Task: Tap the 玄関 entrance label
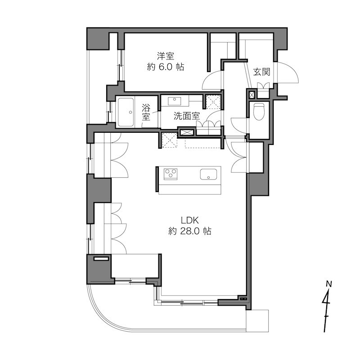tap(261, 72)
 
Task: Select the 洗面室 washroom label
tap(186, 116)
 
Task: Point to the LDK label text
tap(189, 220)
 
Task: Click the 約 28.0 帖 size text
tap(189, 232)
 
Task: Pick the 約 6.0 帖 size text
tap(166, 67)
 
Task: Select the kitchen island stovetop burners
tap(171, 173)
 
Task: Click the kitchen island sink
tap(209, 174)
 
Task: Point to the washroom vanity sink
tap(174, 100)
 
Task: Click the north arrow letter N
tap(328, 284)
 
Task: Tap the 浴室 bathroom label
tap(146, 112)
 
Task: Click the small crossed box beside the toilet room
tap(251, 95)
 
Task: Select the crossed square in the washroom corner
tap(212, 102)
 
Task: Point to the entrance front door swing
tap(287, 74)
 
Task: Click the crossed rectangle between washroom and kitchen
tap(187, 132)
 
